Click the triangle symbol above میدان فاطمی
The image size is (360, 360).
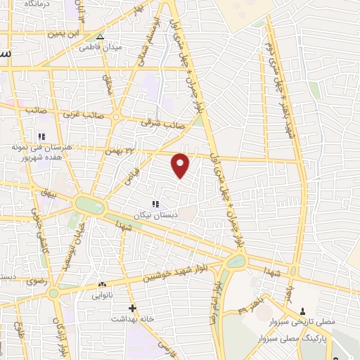[x=101, y=37]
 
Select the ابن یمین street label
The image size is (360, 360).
[x=65, y=33]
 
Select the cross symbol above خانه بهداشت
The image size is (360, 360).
[x=132, y=308]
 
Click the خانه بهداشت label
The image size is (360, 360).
[x=132, y=319]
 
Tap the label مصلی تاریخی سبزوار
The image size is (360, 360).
[x=304, y=323]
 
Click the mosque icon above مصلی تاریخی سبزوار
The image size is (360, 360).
[x=303, y=311]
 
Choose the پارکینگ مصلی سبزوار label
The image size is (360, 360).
[x=307, y=337]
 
